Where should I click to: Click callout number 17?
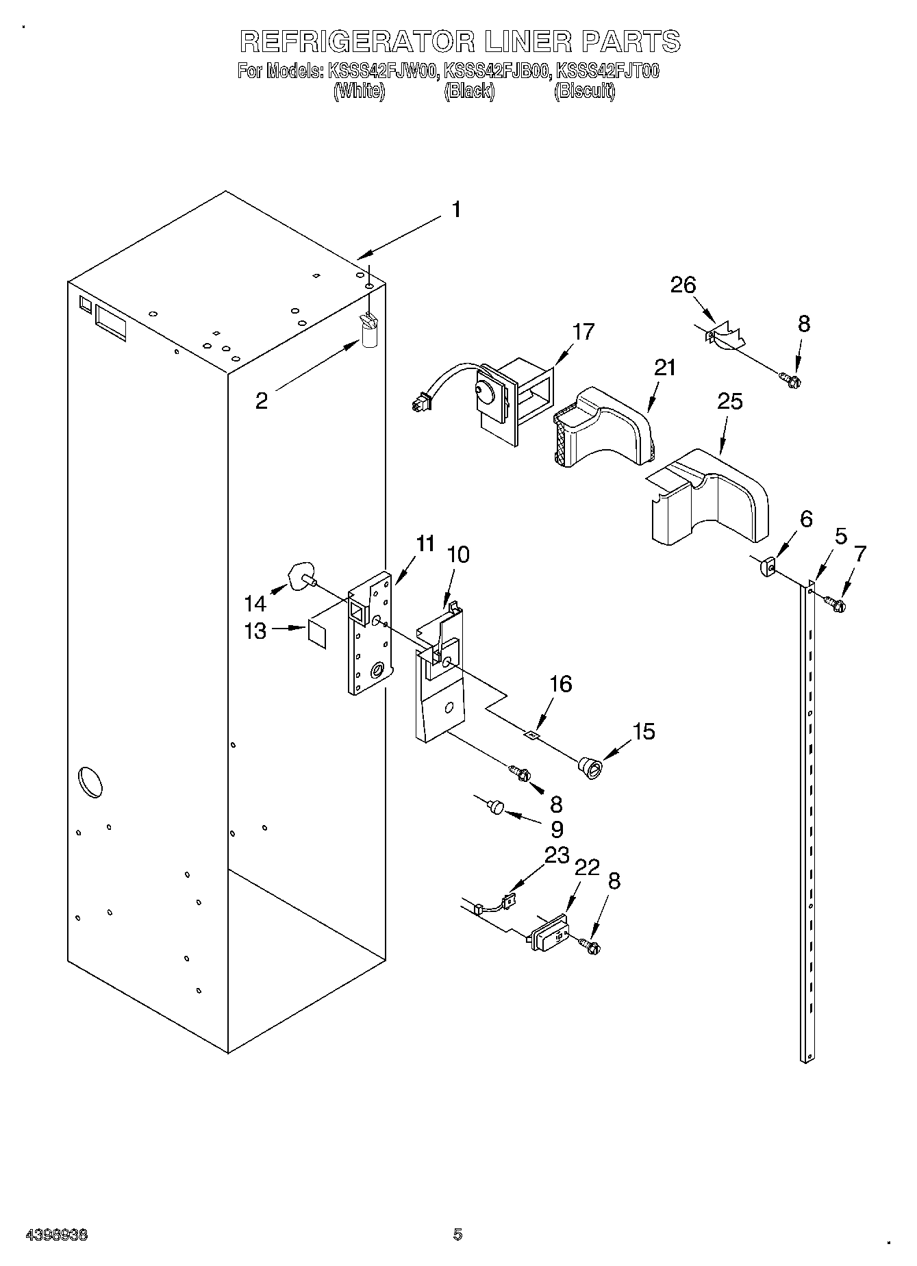[x=583, y=332]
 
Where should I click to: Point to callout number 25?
[x=729, y=401]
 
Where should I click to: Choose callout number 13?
[x=255, y=630]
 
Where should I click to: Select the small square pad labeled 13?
[x=318, y=632]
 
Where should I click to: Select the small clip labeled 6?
[x=767, y=567]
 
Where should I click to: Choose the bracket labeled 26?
[x=725, y=336]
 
